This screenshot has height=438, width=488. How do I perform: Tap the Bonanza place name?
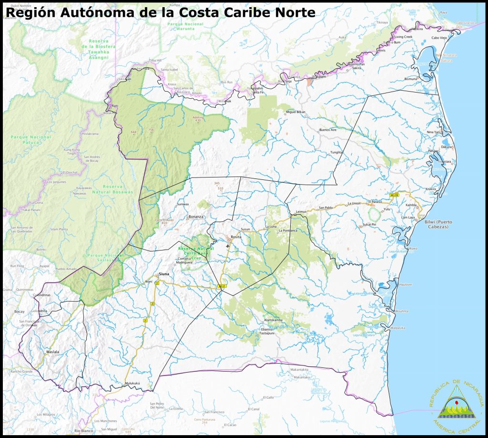(196, 217)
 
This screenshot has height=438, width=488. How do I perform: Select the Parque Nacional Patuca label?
(30, 139)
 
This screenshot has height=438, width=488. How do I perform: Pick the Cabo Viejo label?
(439, 37)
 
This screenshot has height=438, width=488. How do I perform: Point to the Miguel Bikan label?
(295, 112)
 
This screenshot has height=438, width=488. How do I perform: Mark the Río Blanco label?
(83, 431)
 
